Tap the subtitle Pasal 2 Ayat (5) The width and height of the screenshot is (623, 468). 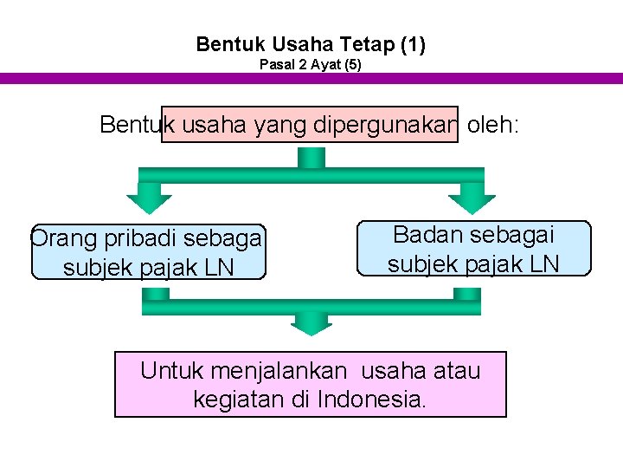click(311, 65)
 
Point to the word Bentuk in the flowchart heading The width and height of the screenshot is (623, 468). click(131, 125)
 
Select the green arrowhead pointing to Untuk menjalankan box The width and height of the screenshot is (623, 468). click(311, 323)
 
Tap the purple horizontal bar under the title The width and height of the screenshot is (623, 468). click(311, 78)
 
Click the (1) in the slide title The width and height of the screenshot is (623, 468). click(414, 43)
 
